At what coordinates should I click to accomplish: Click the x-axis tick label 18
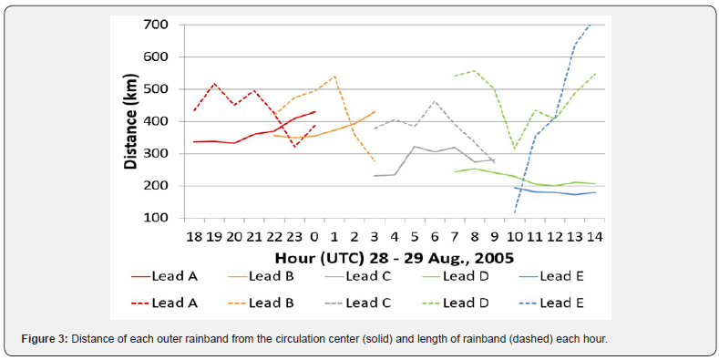pyautogui.click(x=193, y=236)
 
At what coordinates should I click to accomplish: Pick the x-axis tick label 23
pyautogui.click(x=293, y=236)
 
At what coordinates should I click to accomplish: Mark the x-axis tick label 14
pyautogui.click(x=594, y=236)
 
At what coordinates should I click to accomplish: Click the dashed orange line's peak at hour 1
pyautogui.click(x=334, y=77)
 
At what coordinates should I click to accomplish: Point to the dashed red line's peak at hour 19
pyautogui.click(x=214, y=84)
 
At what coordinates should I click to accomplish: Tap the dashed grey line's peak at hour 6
pyautogui.click(x=435, y=101)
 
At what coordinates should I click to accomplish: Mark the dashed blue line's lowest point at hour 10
pyautogui.click(x=515, y=212)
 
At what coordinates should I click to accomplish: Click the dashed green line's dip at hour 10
pyautogui.click(x=515, y=148)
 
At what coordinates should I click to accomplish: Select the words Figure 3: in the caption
pyautogui.click(x=44, y=340)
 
